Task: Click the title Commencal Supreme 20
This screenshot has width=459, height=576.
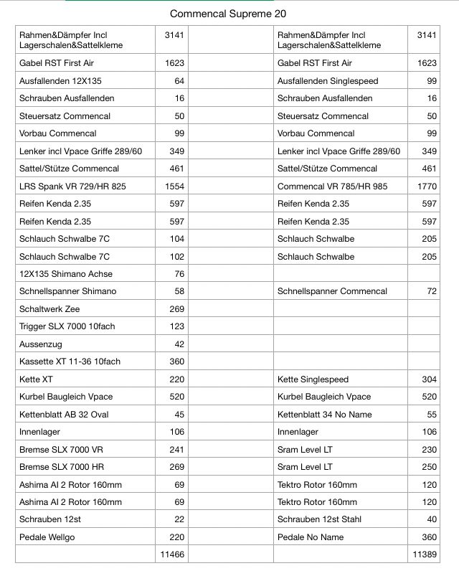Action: (228, 14)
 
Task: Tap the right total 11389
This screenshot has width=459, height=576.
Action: (425, 554)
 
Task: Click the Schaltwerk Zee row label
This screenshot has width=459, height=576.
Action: (49, 308)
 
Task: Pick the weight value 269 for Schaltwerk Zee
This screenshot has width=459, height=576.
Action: (176, 308)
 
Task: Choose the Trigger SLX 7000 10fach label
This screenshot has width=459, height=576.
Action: (67, 326)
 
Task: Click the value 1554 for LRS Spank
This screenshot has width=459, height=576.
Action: (174, 186)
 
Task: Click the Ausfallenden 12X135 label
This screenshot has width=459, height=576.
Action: (60, 80)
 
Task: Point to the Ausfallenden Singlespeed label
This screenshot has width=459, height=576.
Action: (328, 80)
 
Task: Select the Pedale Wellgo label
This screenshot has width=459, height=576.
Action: (49, 537)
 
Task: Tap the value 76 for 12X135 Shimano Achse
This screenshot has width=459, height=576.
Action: (179, 273)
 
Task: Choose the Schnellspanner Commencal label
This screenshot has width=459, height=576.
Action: (332, 291)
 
